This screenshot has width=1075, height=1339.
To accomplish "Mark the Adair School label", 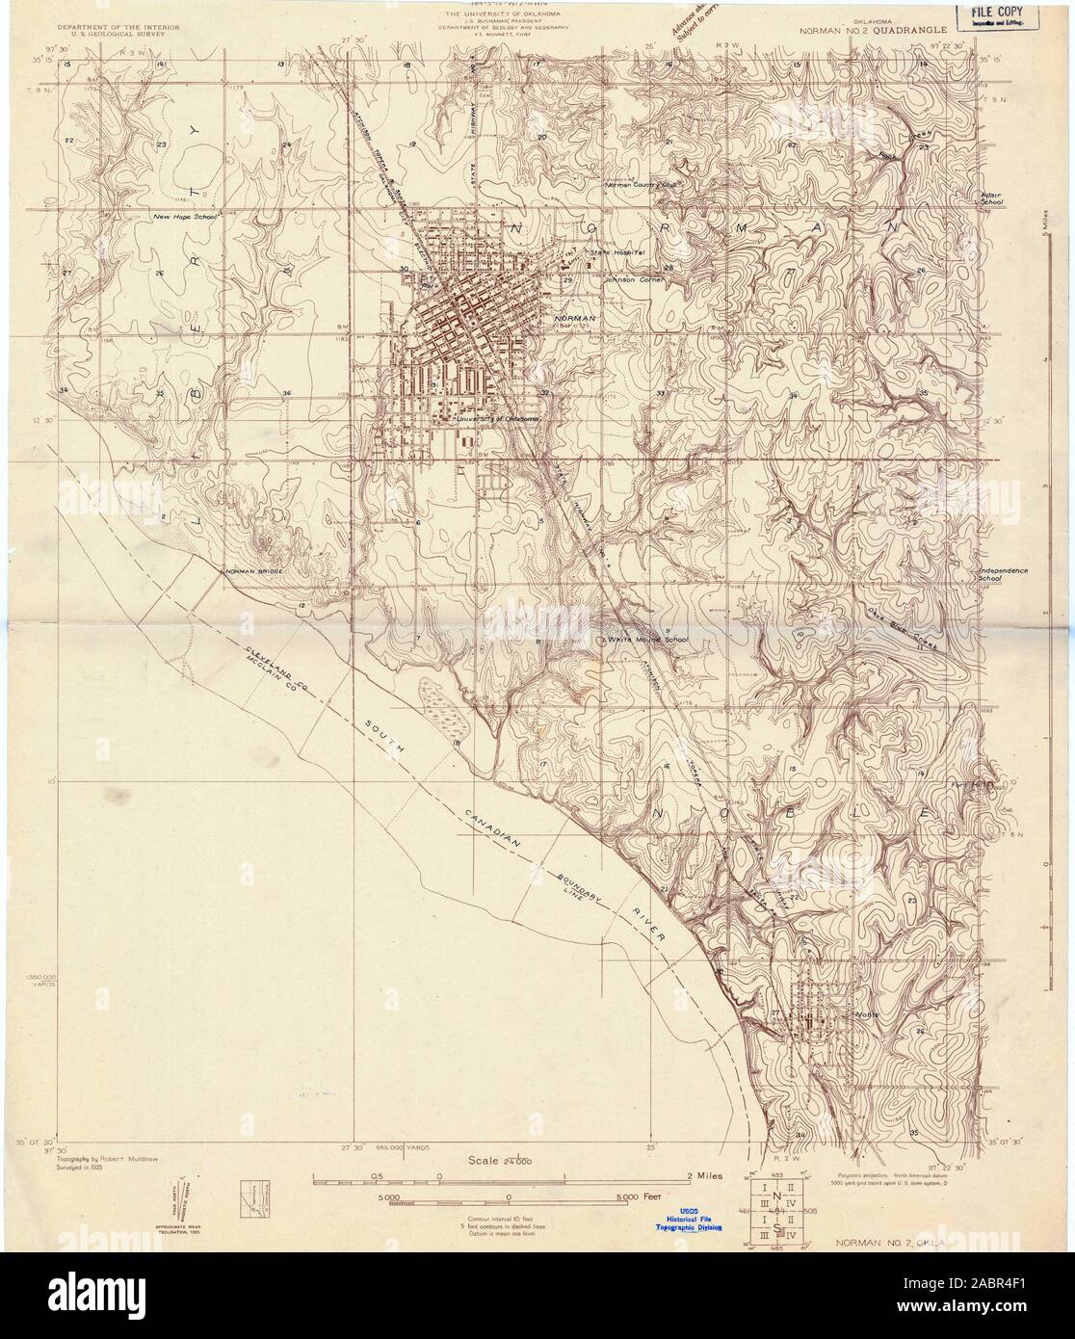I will [x=991, y=198].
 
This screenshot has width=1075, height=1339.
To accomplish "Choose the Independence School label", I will [x=1002, y=575].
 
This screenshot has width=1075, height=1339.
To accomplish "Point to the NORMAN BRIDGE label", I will [x=254, y=573].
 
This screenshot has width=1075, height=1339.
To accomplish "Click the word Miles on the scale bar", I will [x=702, y=1176].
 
